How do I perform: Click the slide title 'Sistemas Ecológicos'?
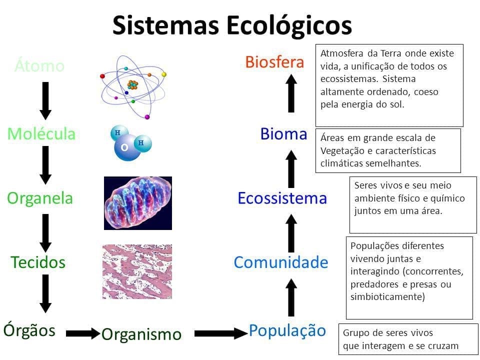pos(232,24)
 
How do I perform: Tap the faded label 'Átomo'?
pos(39,65)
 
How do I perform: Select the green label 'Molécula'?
pos(41,133)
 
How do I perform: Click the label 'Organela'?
pos(40,198)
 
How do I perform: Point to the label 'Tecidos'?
pos(38,262)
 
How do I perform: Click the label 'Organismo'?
pos(141,334)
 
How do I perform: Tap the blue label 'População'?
pos(287,330)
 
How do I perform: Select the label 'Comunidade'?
pos(281,262)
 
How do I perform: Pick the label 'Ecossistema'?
pos(282,198)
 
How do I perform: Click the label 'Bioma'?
pos(283,133)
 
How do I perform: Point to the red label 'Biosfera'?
pos(274,62)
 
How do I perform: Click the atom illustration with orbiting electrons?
pos(132,85)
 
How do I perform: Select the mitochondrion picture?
pos(138,203)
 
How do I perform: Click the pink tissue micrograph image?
pos(137,271)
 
